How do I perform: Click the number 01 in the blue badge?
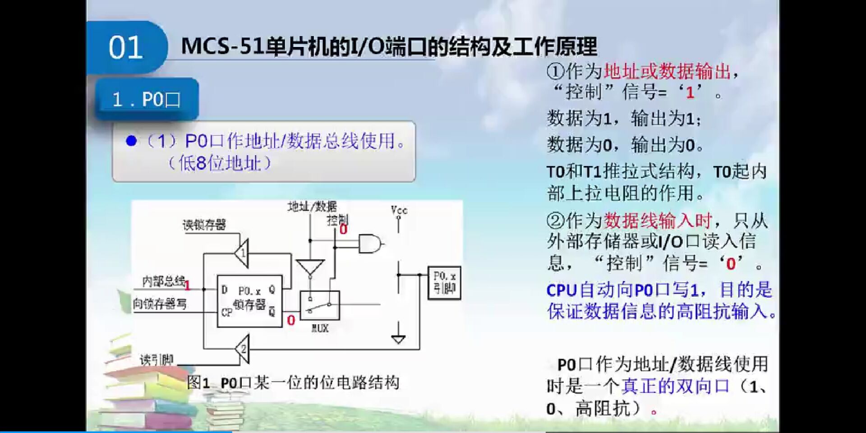pyautogui.click(x=125, y=47)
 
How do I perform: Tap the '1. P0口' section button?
pyautogui.click(x=147, y=99)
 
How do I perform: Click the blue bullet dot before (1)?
pyautogui.click(x=131, y=141)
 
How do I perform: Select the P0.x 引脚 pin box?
pyautogui.click(x=444, y=282)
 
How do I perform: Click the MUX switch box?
pyautogui.click(x=320, y=305)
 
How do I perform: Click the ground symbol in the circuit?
pyautogui.click(x=398, y=338)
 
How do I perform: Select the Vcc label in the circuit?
pyautogui.click(x=399, y=210)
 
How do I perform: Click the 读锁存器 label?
pyautogui.click(x=204, y=225)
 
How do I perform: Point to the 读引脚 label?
pyautogui.click(x=157, y=360)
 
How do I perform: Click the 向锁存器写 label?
pyautogui.click(x=160, y=304)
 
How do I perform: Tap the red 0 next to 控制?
pyautogui.click(x=343, y=230)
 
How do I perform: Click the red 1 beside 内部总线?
pyautogui.click(x=188, y=285)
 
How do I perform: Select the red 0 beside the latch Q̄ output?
pyautogui.click(x=291, y=320)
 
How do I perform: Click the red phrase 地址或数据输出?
pyautogui.click(x=667, y=71)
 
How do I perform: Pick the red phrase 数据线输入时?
pyautogui.click(x=658, y=221)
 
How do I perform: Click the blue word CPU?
pyautogui.click(x=562, y=290)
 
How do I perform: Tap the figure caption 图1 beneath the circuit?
pyautogui.click(x=198, y=383)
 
